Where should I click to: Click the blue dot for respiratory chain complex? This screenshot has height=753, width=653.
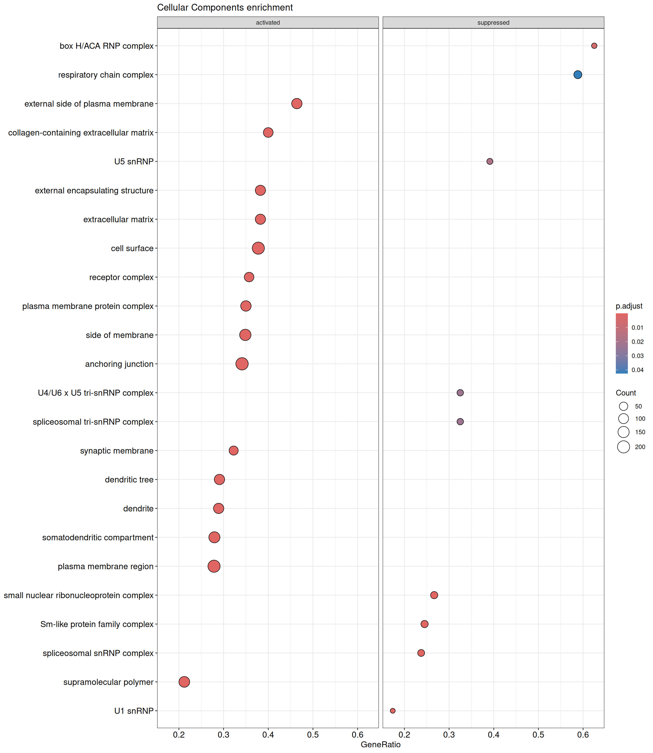coord(578,75)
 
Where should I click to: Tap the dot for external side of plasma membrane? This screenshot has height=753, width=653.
coord(297,104)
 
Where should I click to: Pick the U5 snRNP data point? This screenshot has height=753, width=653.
coord(490,161)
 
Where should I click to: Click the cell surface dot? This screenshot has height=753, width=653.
coord(258,248)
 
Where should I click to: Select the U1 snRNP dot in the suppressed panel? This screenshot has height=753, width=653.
coord(392,711)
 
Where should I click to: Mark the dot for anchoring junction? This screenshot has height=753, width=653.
coord(242,364)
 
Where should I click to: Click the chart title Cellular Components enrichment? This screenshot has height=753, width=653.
coord(225,8)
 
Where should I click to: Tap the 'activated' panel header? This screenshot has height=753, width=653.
coord(268,22)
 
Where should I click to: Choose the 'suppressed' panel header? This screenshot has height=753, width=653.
coord(493,22)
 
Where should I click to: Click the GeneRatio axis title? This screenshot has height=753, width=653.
coord(380,745)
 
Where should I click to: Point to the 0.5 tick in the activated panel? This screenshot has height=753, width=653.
coord(313,735)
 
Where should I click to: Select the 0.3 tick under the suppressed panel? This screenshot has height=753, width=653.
coord(449,735)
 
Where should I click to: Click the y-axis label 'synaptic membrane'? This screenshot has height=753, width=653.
coord(117,451)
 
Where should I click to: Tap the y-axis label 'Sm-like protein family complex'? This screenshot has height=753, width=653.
coord(97,624)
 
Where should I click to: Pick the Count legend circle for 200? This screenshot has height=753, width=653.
coord(623,447)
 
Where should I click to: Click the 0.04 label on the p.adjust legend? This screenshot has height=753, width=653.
coord(637,370)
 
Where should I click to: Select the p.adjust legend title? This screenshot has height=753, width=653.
coord(629,306)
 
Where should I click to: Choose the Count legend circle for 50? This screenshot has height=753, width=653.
coord(623,406)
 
